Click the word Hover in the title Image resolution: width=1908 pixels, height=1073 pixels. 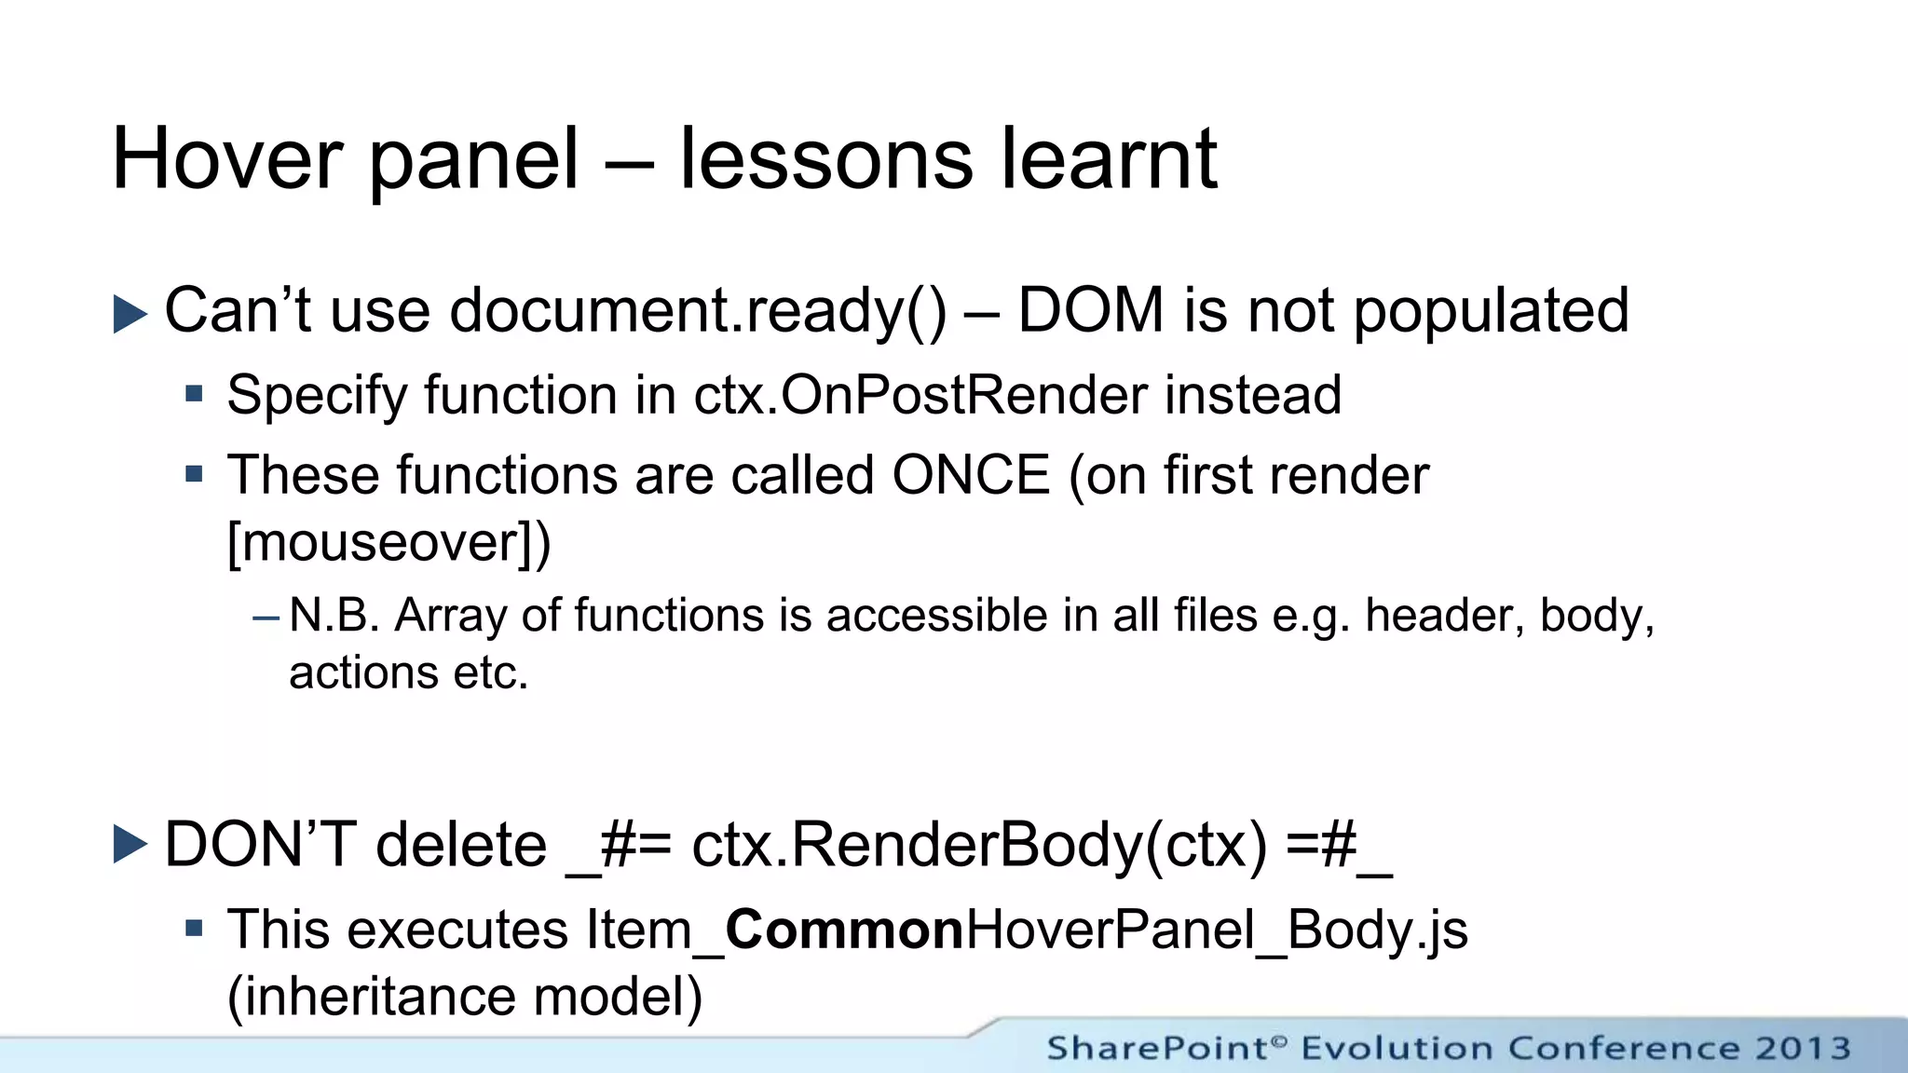click(227, 160)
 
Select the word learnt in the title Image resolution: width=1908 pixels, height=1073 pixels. click(1109, 160)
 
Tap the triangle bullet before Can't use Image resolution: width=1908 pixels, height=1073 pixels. click(129, 314)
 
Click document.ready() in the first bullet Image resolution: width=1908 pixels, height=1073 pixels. click(697, 311)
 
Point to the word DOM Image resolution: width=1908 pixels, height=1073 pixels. click(1091, 311)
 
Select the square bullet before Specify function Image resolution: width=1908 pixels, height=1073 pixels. click(194, 394)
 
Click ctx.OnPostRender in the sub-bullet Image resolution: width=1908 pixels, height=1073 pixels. click(920, 396)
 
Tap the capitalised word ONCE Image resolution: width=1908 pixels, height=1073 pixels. click(971, 476)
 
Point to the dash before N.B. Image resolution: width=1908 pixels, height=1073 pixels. click(266, 617)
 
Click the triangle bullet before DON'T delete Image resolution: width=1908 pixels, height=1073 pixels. click(129, 845)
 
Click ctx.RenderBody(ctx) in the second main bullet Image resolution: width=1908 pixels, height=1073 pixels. click(979, 846)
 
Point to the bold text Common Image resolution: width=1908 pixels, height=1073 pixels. click(844, 930)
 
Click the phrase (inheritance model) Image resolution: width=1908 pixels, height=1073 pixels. click(465, 997)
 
